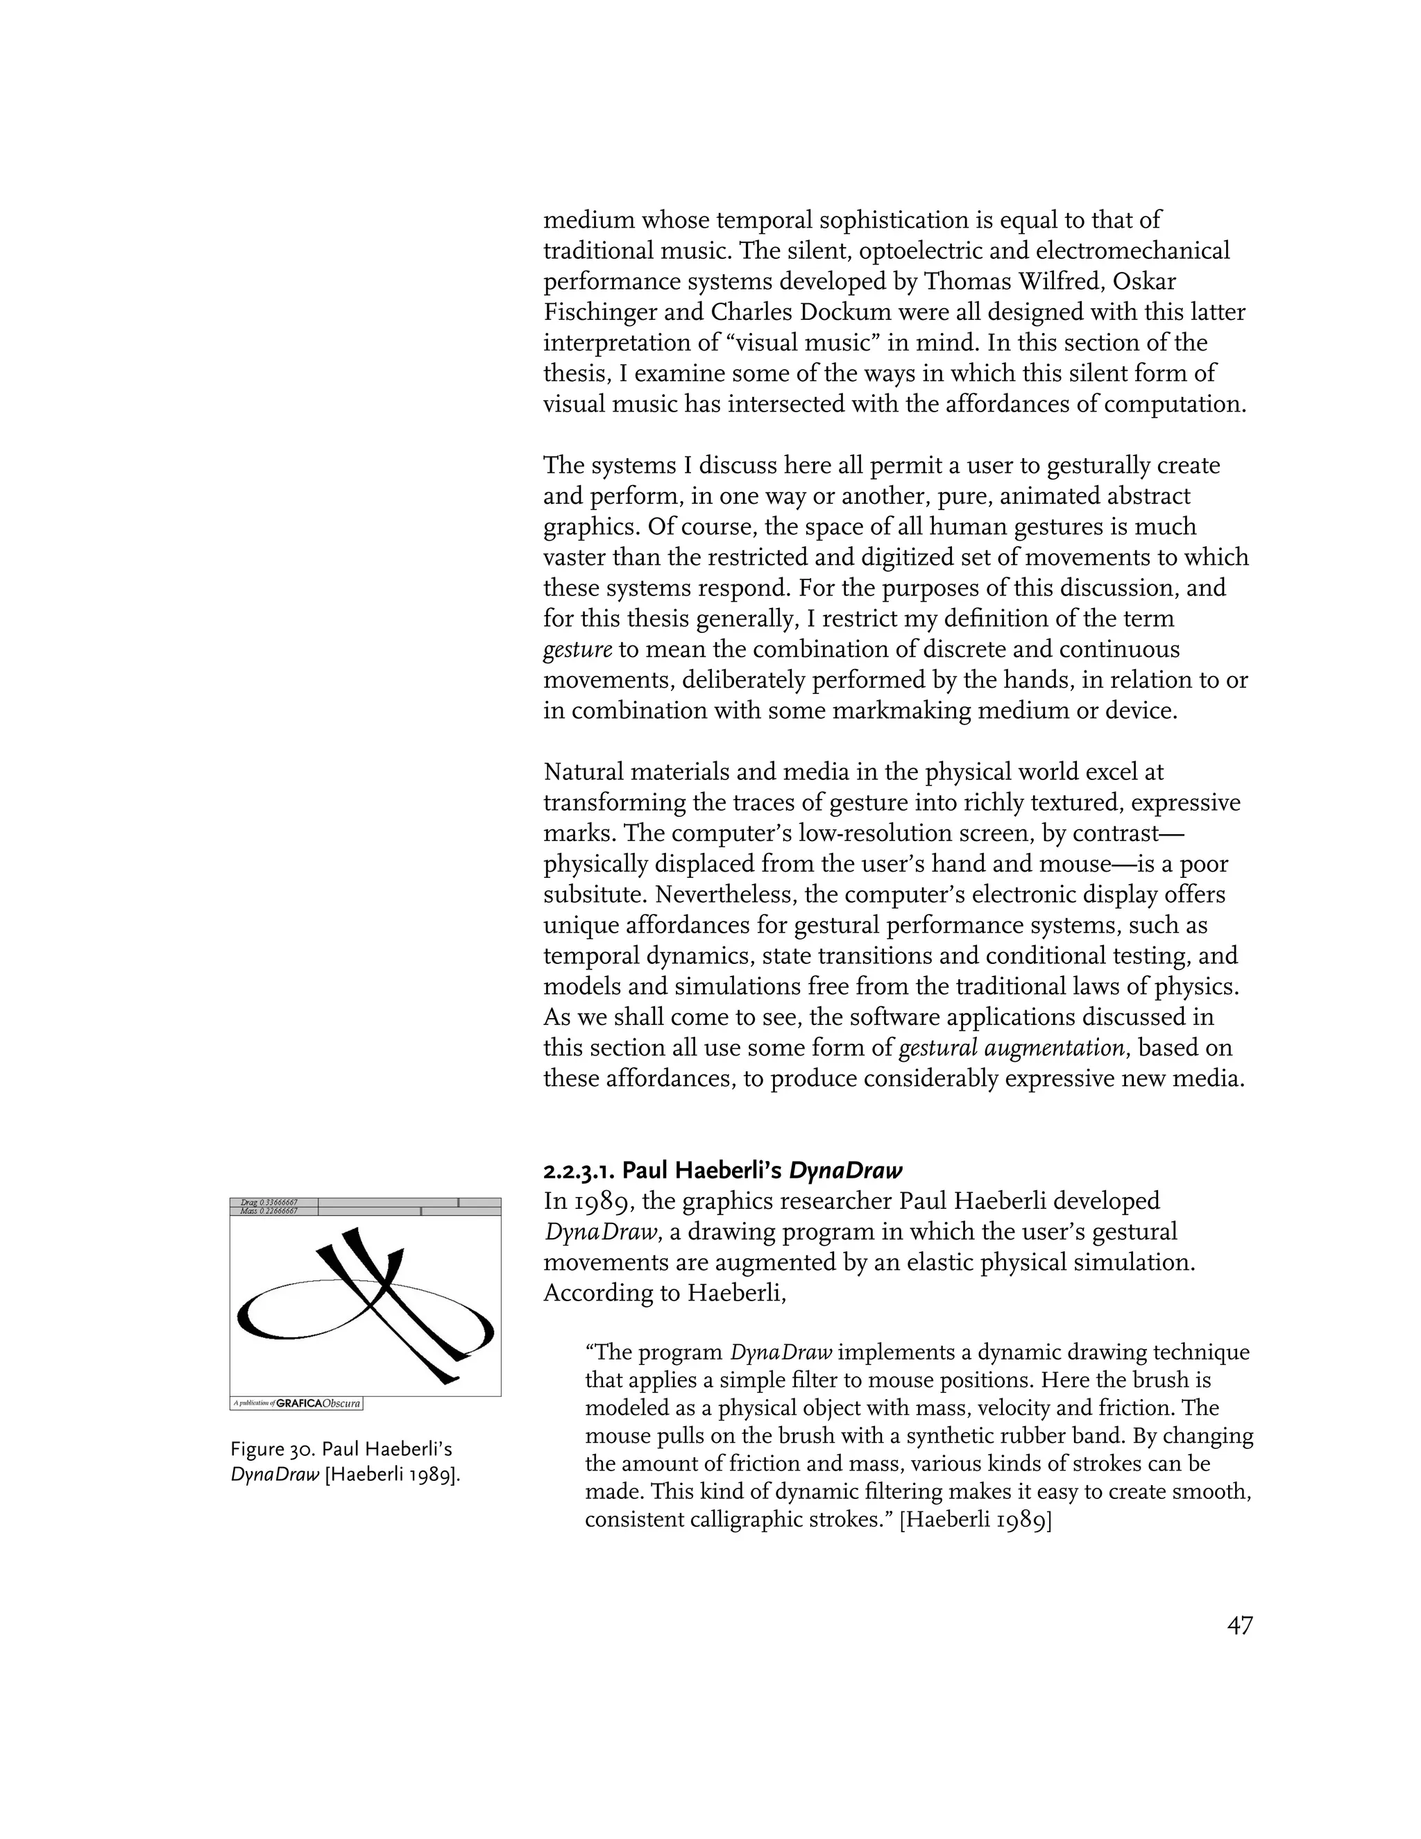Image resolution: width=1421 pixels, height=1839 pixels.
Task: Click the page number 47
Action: point(1239,1625)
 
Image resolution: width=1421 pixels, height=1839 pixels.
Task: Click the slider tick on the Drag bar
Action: point(458,1203)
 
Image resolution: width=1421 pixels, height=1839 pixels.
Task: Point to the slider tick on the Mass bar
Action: point(420,1211)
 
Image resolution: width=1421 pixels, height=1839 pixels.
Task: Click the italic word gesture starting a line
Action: point(577,650)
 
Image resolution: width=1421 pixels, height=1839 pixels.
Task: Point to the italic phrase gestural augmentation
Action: point(1012,1049)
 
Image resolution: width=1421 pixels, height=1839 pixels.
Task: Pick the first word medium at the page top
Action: point(588,221)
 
